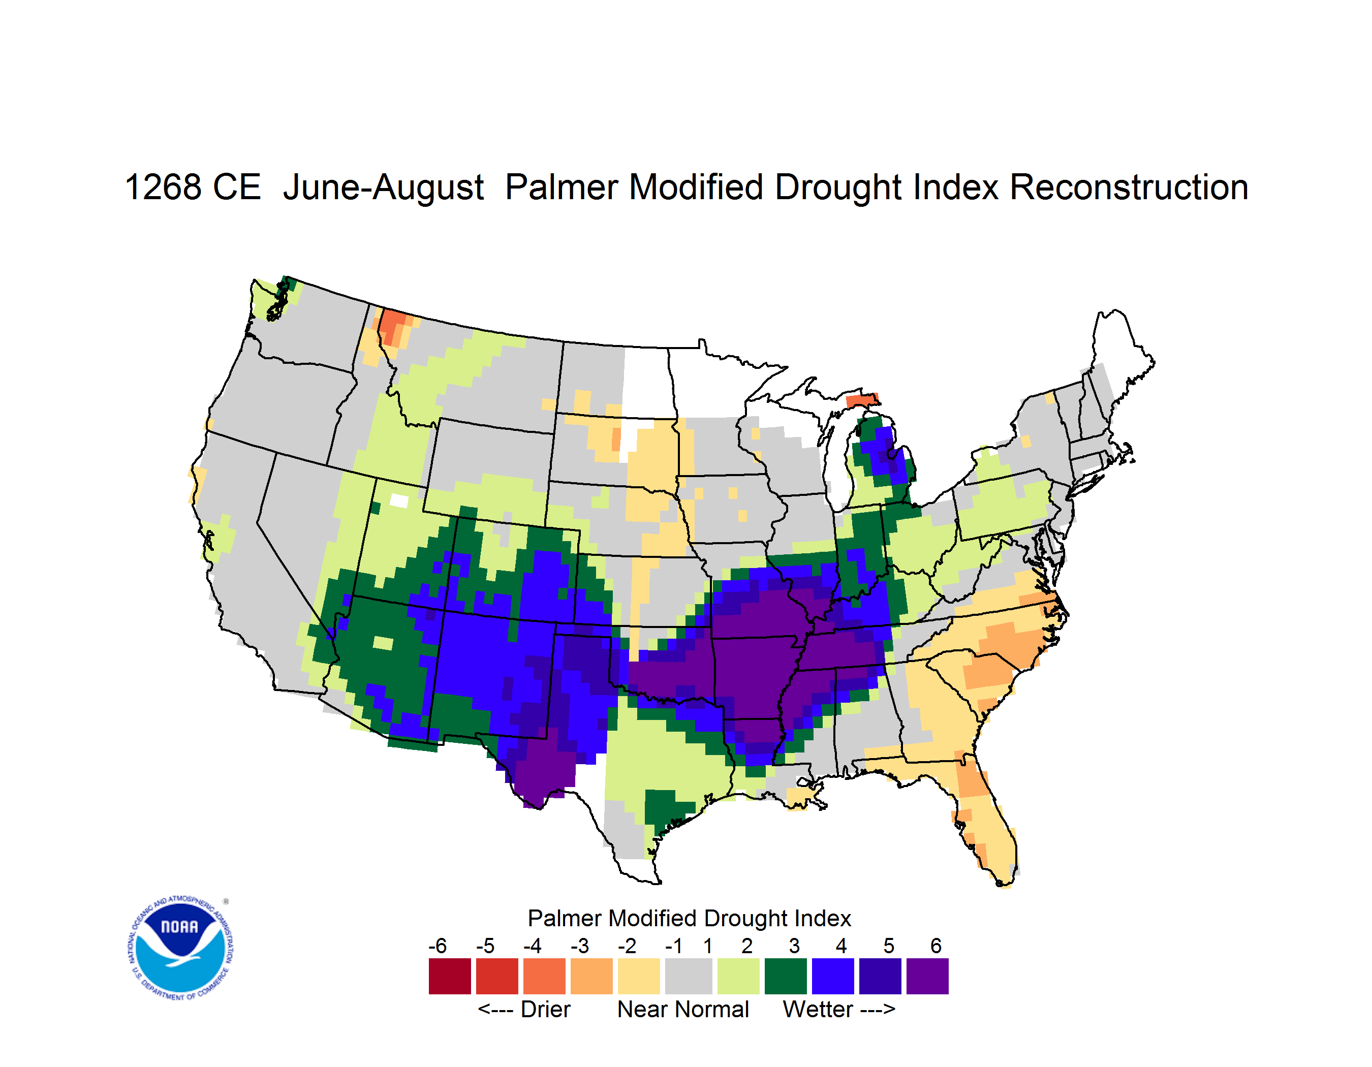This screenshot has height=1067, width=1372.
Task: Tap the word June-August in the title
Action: (x=383, y=189)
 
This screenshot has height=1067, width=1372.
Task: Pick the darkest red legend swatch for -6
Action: (x=450, y=976)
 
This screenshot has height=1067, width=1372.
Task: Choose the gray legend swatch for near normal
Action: (x=689, y=976)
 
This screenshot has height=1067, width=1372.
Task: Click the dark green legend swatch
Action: (x=785, y=976)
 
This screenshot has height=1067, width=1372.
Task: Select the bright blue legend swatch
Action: (x=833, y=976)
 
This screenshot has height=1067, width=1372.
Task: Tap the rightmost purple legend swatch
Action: (x=927, y=976)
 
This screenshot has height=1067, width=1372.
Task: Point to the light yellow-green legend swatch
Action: (x=738, y=976)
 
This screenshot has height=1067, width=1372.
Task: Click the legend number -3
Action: (x=579, y=946)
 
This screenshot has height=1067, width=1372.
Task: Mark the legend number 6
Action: (x=936, y=946)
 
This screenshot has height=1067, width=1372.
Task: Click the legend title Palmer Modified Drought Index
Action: (x=689, y=918)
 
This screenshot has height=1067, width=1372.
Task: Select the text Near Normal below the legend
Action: (x=683, y=1009)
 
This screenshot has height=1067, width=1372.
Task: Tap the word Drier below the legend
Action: (x=545, y=1009)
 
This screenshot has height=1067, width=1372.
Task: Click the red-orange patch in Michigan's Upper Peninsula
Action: (x=861, y=400)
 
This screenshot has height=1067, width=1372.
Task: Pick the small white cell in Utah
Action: (x=399, y=500)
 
